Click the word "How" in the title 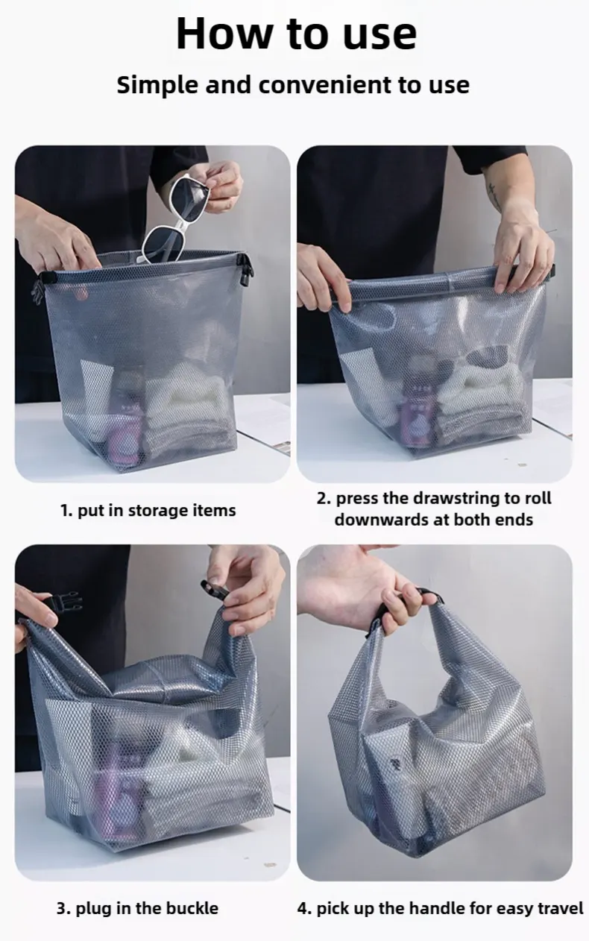(224, 34)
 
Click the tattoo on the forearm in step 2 (495, 196)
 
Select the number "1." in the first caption (67, 511)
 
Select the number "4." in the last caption (304, 908)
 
